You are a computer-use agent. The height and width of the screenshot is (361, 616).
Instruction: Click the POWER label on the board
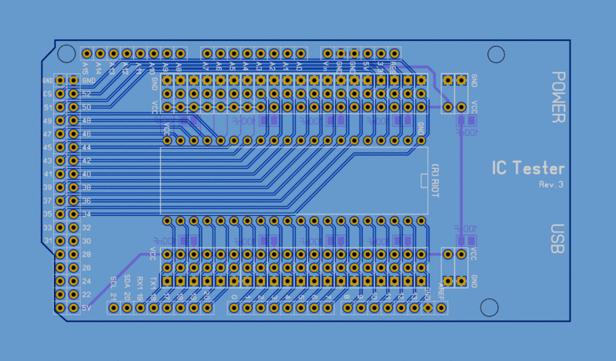[x=559, y=97]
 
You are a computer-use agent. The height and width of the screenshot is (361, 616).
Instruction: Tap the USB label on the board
[x=559, y=239]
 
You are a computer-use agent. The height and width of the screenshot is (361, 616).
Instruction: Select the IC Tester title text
[x=528, y=169]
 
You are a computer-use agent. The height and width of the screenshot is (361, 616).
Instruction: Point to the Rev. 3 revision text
[x=551, y=185]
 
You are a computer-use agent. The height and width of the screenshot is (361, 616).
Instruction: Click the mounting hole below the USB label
[x=490, y=307]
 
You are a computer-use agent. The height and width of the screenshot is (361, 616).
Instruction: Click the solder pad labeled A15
[x=87, y=53]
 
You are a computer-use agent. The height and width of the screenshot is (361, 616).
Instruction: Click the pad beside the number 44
[x=74, y=147]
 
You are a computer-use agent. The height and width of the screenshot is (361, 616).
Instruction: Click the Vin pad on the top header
[x=326, y=53]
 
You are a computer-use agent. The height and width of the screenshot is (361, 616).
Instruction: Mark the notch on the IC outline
[x=423, y=180]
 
